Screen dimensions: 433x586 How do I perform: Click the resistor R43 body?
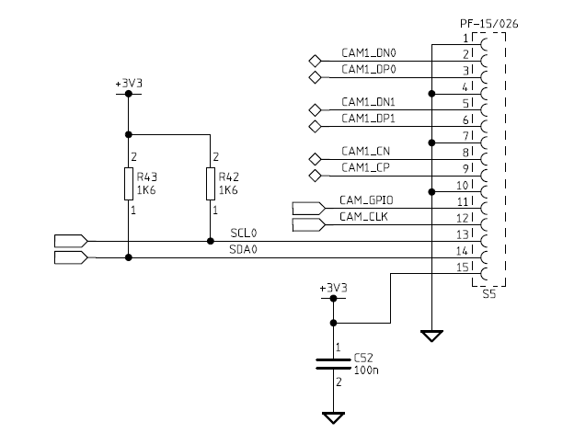click(128, 184)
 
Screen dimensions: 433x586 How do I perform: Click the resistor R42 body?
click(211, 184)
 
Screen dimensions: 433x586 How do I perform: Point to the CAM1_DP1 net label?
click(368, 119)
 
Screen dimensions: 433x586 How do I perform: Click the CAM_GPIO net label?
click(367, 199)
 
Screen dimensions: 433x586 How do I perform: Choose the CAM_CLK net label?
click(364, 216)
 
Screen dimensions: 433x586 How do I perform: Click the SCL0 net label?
click(244, 234)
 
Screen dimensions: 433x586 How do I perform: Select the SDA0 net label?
click(244, 250)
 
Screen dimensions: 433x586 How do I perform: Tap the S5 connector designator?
click(488, 295)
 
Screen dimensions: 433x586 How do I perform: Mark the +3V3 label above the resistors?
click(128, 83)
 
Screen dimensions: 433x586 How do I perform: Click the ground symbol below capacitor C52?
click(333, 417)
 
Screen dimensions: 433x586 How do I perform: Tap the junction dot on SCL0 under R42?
click(211, 242)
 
